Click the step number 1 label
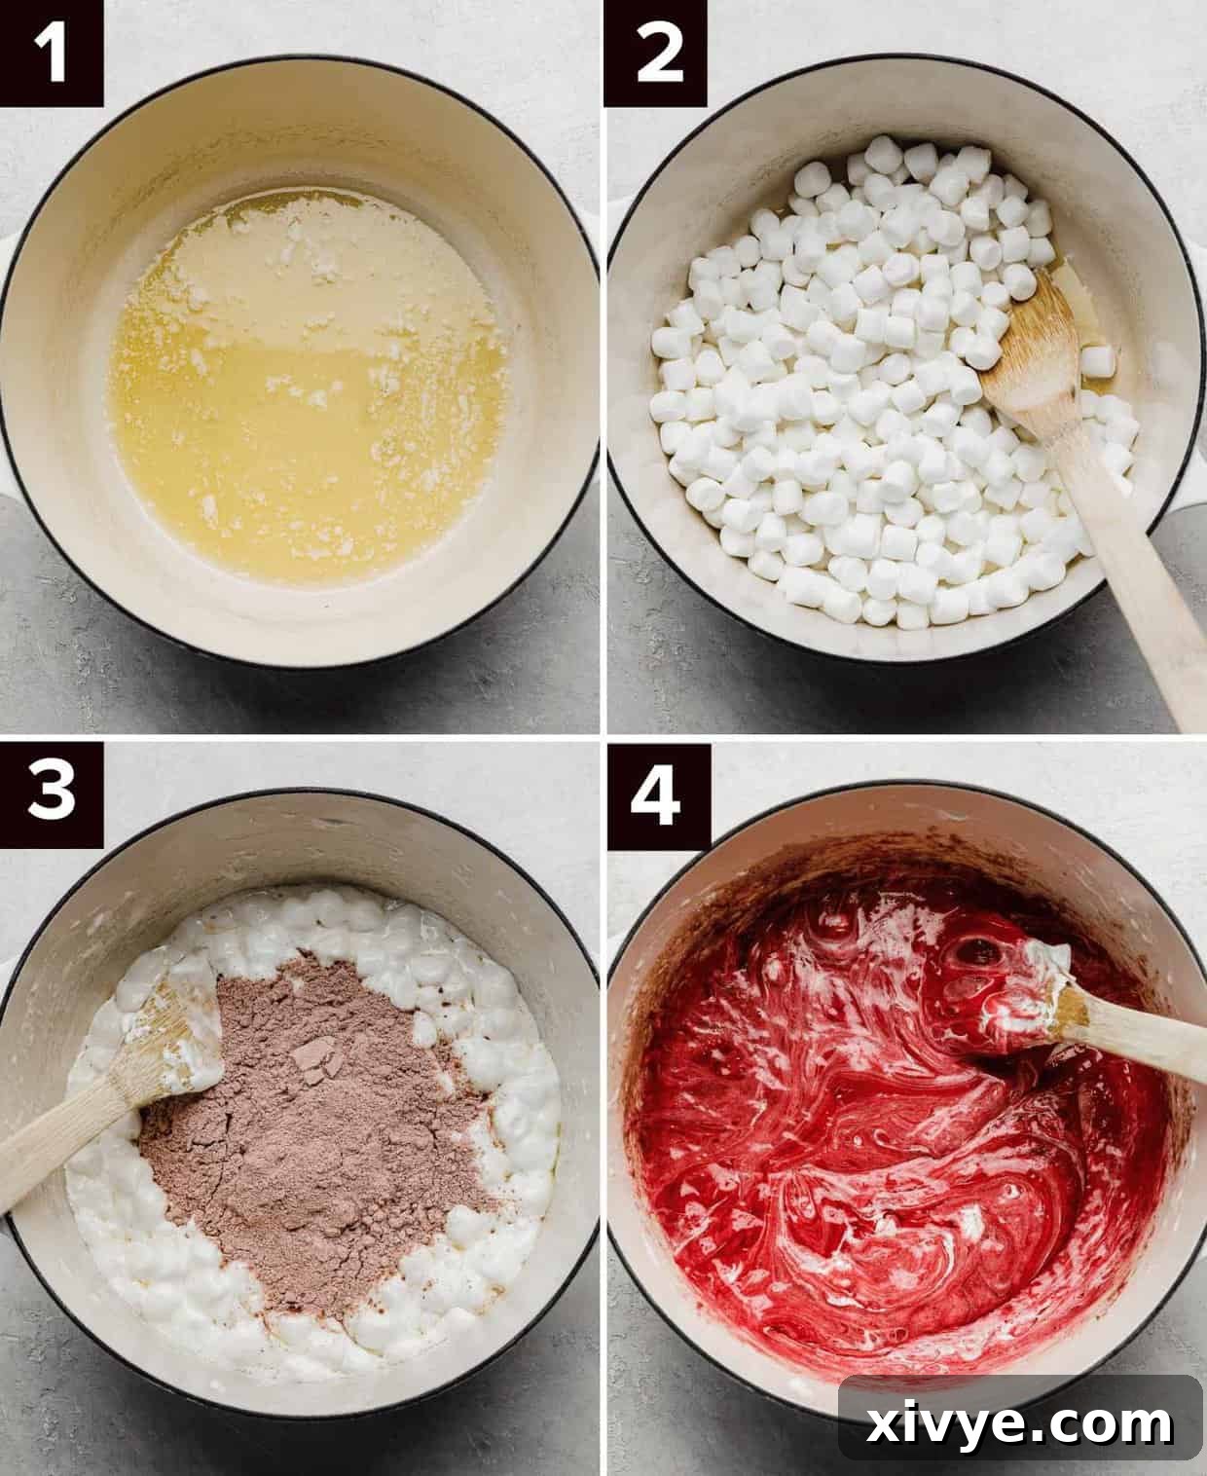pyautogui.click(x=51, y=54)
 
